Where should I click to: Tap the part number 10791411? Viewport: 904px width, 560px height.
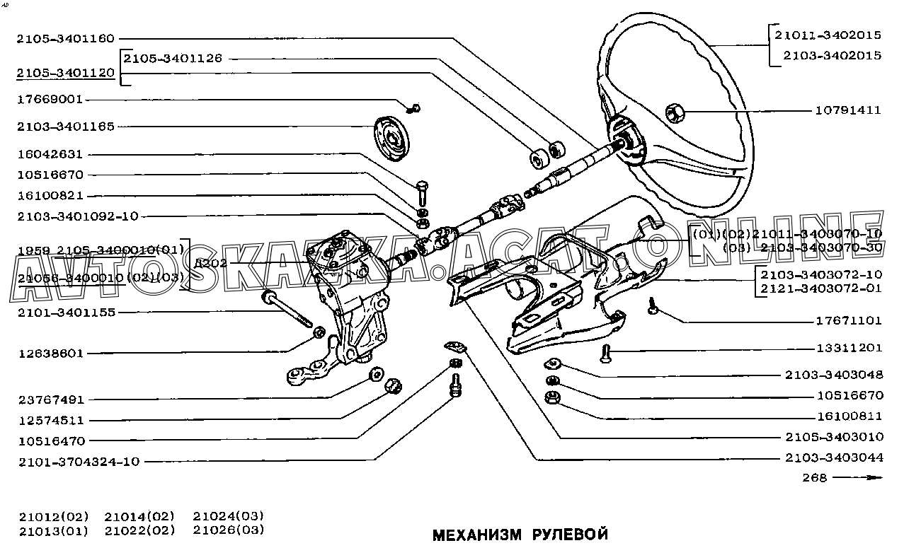[x=848, y=110]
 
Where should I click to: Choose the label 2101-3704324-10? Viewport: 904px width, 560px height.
[x=79, y=462]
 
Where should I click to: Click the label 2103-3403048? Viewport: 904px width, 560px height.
[x=833, y=375]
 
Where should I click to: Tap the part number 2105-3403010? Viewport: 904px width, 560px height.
[x=833, y=436]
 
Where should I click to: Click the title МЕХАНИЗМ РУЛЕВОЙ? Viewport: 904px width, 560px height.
[x=520, y=535]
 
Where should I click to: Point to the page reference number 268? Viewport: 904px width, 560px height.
[x=815, y=477]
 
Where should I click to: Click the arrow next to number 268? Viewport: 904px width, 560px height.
[x=858, y=477]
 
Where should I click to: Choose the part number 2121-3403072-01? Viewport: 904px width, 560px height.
[x=822, y=288]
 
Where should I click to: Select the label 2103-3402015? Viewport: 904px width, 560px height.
[x=827, y=55]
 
